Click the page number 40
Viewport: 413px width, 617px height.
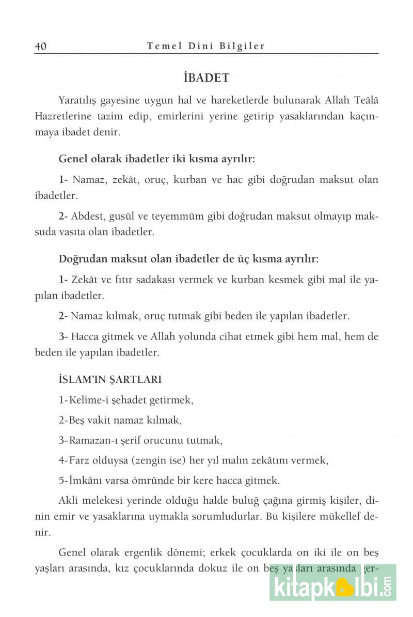pos(41,46)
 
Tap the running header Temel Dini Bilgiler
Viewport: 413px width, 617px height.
pos(206,46)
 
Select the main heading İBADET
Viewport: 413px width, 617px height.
pos(206,78)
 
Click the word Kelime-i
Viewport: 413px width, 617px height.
pos(87,400)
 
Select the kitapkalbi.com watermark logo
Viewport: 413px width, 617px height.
pos(332,589)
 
